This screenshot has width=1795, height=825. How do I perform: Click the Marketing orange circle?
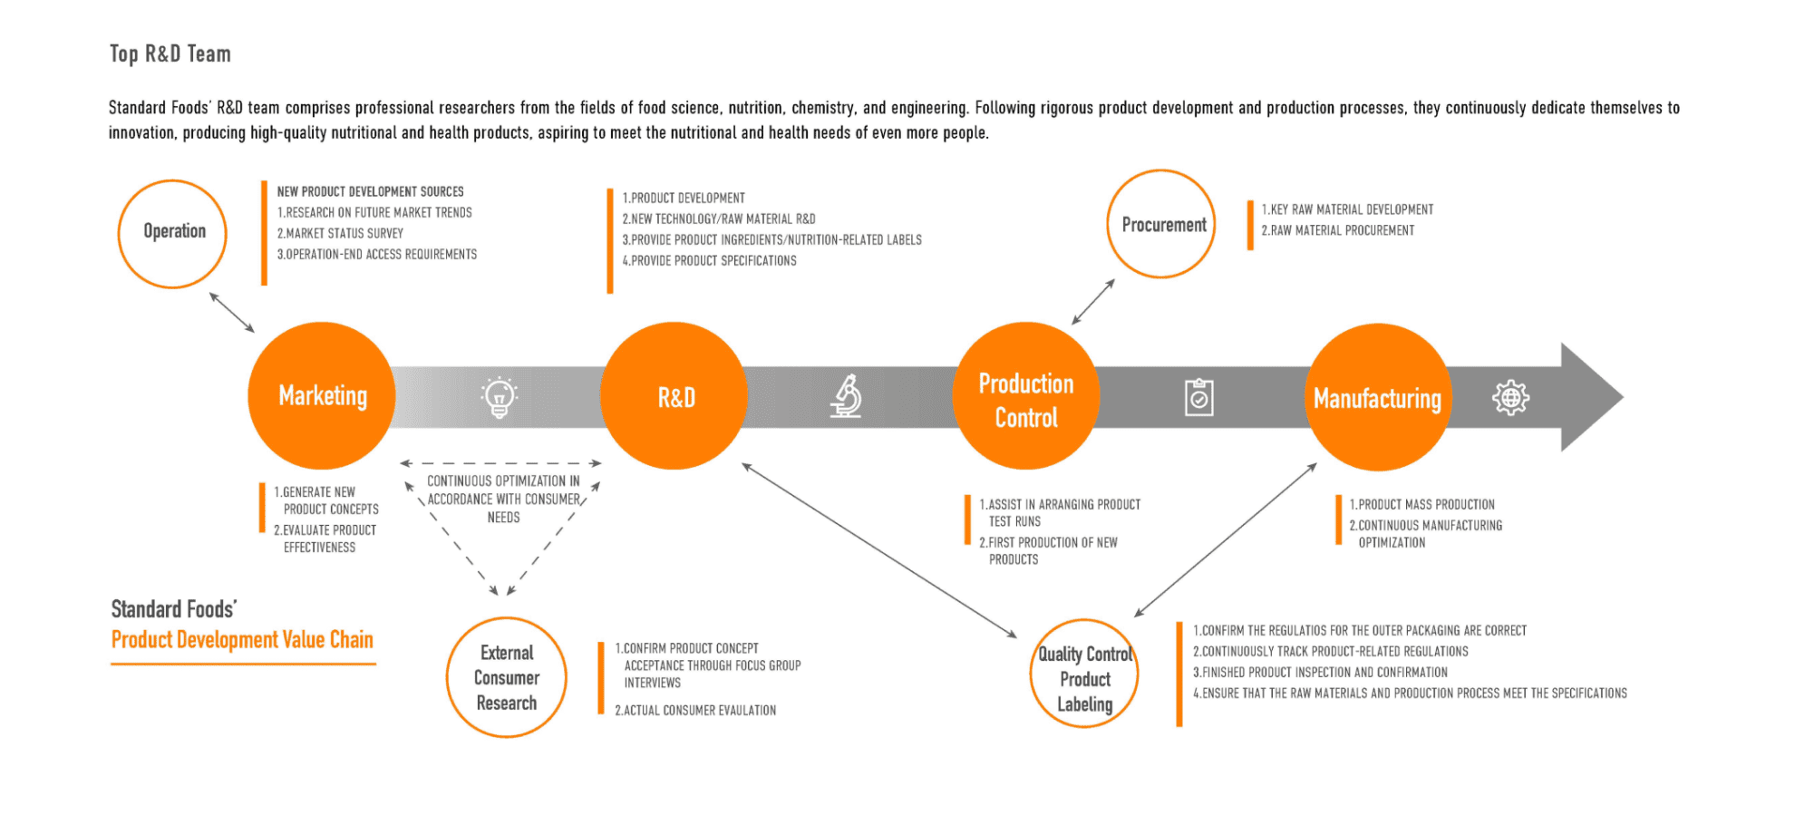(322, 396)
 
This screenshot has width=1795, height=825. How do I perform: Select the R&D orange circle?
(674, 396)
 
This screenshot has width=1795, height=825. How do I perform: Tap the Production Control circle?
(1025, 396)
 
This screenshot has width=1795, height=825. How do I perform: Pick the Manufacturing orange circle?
(1377, 397)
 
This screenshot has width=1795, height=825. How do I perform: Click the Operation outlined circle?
(172, 233)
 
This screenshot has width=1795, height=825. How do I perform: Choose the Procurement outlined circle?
(1161, 224)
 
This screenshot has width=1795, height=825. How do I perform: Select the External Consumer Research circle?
(506, 677)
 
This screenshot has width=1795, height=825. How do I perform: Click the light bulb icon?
(499, 396)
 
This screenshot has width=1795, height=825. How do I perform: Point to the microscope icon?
(847, 396)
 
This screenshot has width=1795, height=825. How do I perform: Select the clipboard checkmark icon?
(1198, 397)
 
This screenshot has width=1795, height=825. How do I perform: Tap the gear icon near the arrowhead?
(1510, 397)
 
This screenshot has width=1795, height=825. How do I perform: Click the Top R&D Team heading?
(170, 54)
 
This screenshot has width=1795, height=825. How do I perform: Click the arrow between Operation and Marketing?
(232, 312)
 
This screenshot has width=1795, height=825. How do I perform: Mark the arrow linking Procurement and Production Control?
(1093, 301)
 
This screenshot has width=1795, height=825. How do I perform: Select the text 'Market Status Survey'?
(341, 234)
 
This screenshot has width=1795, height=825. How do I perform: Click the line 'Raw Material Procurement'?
(1338, 231)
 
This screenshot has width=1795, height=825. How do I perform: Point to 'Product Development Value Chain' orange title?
(242, 640)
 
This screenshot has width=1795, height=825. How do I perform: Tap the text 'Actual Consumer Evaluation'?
(695, 711)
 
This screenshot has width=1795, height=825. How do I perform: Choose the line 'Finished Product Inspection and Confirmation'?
(1320, 673)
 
